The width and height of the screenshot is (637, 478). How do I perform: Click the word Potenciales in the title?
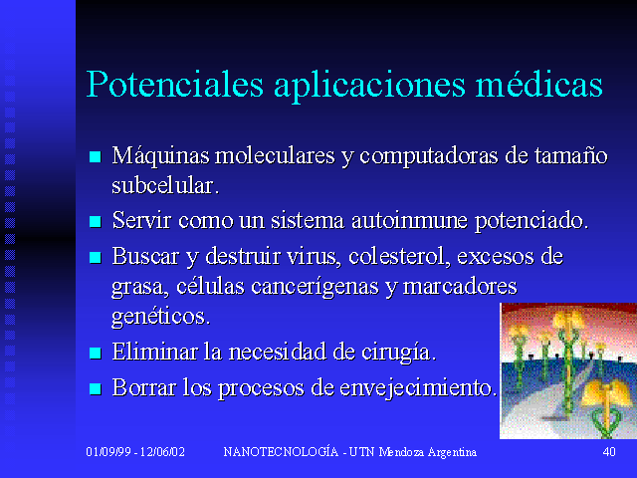(175, 85)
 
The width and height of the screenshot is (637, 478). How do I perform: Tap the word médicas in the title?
(538, 84)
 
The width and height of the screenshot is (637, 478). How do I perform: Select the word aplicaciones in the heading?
(369, 87)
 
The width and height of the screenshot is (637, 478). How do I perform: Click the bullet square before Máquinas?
(96, 156)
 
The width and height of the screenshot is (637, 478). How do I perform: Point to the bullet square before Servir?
(96, 221)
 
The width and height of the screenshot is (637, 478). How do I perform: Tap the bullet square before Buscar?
(96, 257)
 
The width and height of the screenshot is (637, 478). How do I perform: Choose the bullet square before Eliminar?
(96, 353)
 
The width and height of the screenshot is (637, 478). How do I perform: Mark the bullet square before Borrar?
(96, 389)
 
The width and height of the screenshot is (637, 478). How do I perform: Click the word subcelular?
(165, 185)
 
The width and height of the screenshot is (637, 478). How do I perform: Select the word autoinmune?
(409, 220)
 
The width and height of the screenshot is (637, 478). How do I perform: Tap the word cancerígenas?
(316, 288)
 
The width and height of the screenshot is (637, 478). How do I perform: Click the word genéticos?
(161, 317)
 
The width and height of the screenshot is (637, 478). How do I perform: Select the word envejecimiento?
(418, 388)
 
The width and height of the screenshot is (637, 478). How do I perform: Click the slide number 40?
(609, 451)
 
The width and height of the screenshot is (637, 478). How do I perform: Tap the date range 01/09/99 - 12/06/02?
(135, 451)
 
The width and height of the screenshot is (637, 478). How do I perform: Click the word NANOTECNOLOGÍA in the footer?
(281, 451)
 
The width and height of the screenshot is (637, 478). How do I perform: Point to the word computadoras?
(429, 156)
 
